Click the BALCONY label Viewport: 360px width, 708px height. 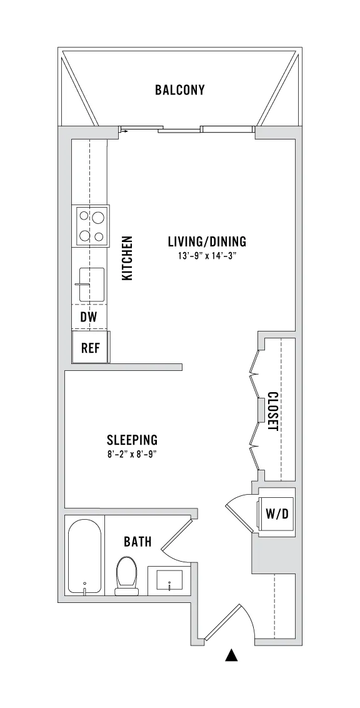[x=179, y=89]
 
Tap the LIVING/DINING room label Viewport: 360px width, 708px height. [x=207, y=241]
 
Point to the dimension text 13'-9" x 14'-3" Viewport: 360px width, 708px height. [x=207, y=256]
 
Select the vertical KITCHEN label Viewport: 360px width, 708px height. [x=127, y=258]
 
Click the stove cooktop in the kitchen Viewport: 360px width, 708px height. [x=92, y=226]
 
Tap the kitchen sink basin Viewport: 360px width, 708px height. [x=92, y=285]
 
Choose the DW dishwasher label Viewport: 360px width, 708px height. [x=89, y=317]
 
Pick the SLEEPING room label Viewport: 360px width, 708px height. [x=132, y=439]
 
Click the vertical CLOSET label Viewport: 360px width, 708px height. [x=272, y=411]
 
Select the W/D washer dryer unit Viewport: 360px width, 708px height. [x=276, y=513]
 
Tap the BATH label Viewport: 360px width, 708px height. [x=137, y=542]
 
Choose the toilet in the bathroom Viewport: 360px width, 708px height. [x=126, y=575]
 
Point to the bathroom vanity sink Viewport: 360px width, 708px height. [x=169, y=580]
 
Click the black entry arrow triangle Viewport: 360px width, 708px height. [x=231, y=655]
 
